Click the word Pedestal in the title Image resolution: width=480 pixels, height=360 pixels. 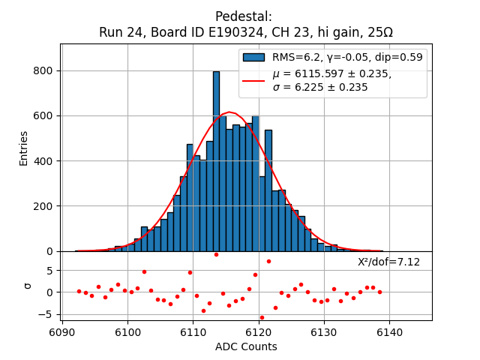[x=243, y=16]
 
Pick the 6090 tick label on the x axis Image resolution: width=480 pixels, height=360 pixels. [x=61, y=331]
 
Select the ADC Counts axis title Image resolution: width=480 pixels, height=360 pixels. [x=246, y=346]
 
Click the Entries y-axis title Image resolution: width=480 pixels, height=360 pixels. [x=24, y=148]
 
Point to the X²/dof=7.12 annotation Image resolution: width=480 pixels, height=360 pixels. [x=388, y=262]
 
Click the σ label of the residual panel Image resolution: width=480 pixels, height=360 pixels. [x=28, y=285]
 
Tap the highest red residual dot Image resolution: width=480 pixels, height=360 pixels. [x=216, y=254]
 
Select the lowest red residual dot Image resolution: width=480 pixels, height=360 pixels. [x=262, y=317]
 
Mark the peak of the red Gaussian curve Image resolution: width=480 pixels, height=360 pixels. [x=229, y=113]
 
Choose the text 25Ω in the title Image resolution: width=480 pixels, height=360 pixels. [x=379, y=33]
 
